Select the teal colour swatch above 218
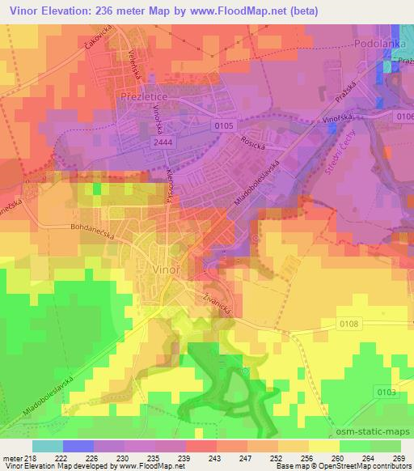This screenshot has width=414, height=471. [47, 446]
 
